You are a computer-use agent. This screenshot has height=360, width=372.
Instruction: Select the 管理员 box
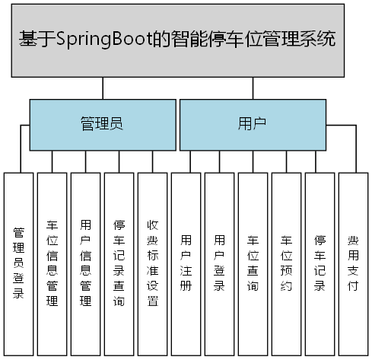click(102, 124)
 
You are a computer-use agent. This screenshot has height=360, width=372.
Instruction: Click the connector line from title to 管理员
click(103, 88)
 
